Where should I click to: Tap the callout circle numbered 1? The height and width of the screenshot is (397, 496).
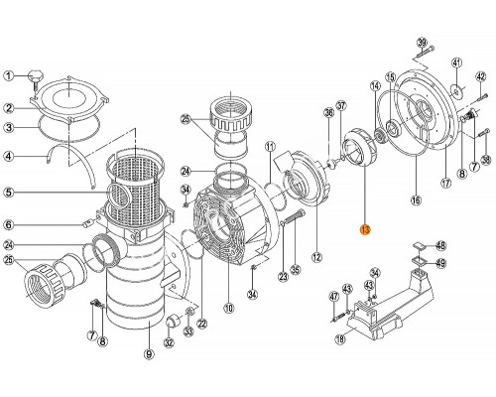(x=9, y=76)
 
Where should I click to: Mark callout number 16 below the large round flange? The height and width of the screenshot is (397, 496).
(x=416, y=201)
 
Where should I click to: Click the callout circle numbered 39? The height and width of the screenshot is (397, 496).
(x=422, y=42)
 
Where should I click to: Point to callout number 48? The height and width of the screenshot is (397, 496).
(x=442, y=245)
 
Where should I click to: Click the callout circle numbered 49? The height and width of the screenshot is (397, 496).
(x=442, y=263)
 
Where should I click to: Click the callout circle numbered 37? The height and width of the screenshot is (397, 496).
(x=340, y=105)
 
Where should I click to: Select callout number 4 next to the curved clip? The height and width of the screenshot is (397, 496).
(x=9, y=155)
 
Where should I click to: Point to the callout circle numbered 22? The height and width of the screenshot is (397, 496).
(x=202, y=323)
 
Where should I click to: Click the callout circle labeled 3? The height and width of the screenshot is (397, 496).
(x=9, y=127)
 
